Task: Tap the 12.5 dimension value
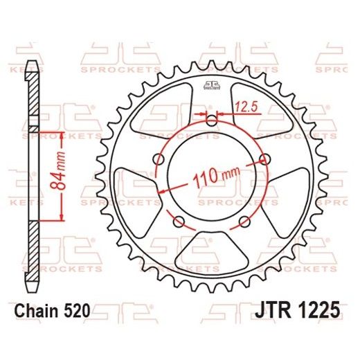[x=243, y=107]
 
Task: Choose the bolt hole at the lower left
[x=179, y=222]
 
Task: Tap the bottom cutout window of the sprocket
[x=212, y=255]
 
